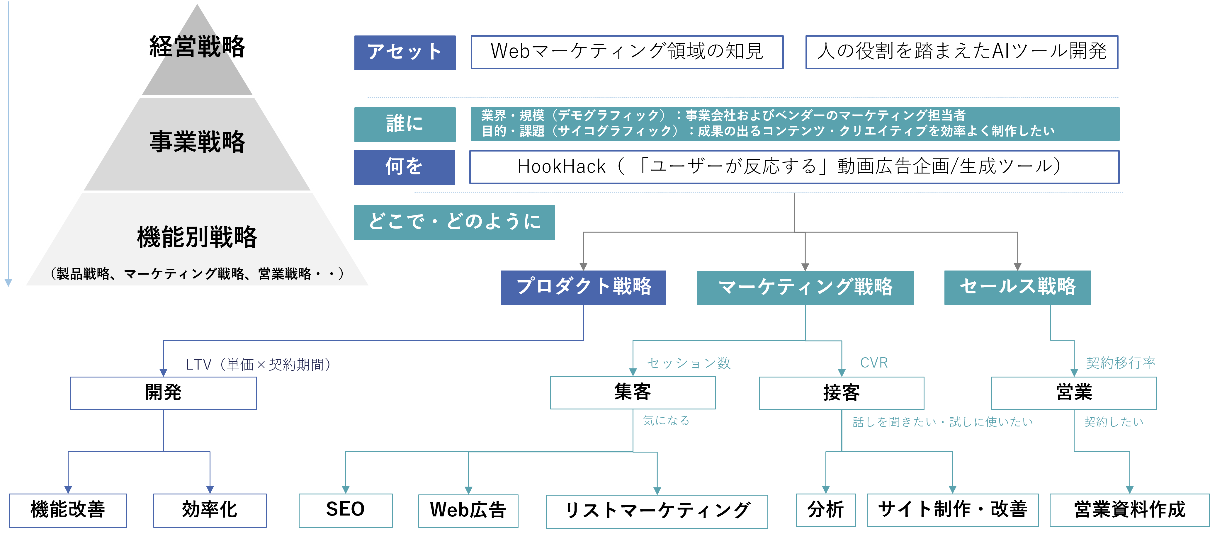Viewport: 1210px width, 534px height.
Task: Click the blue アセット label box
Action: pyautogui.click(x=405, y=52)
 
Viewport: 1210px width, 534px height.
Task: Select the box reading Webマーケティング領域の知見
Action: pyautogui.click(x=627, y=52)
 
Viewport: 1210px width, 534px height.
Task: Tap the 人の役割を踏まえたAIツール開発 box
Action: pyautogui.click(x=961, y=52)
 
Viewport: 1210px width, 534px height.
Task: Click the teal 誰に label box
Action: pyautogui.click(x=405, y=125)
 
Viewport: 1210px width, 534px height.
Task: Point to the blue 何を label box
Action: pyautogui.click(x=405, y=167)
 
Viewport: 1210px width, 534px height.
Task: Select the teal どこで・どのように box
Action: pyautogui.click(x=454, y=222)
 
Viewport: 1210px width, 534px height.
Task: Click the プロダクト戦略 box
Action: pyautogui.click(x=583, y=288)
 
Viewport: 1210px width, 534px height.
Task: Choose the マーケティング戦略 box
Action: pyautogui.click(x=805, y=288)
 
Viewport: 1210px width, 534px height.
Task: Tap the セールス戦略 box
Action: pyautogui.click(x=1017, y=288)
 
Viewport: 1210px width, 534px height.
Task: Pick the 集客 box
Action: pyautogui.click(x=633, y=393)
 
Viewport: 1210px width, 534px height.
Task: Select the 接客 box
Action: pyautogui.click(x=841, y=393)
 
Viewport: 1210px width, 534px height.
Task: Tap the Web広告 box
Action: pyautogui.click(x=468, y=511)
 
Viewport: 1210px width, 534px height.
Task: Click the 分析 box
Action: pyautogui.click(x=826, y=510)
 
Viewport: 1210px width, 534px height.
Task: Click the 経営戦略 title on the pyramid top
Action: pyautogui.click(x=197, y=47)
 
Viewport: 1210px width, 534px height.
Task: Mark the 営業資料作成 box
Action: pyautogui.click(x=1130, y=510)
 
